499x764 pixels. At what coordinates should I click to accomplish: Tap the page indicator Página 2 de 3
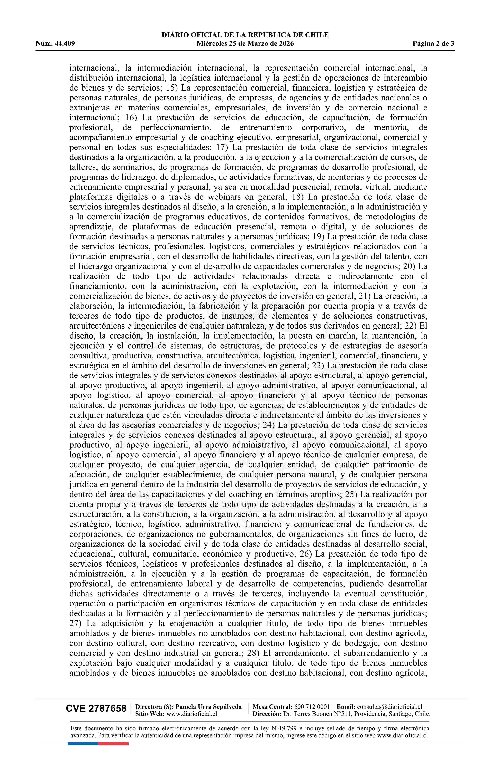pyautogui.click(x=433, y=44)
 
